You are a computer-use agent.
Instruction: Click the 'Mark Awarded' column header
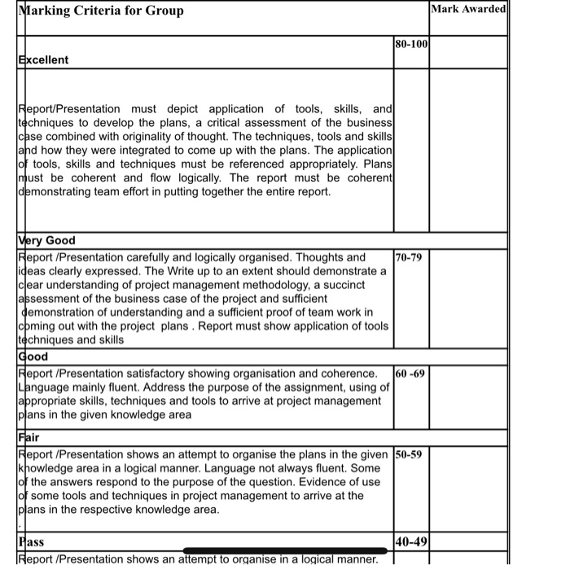point(467,9)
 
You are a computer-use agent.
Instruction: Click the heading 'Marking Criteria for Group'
point(102,11)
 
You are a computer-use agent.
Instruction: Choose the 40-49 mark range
point(411,541)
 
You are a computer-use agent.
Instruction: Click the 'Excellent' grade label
point(43,59)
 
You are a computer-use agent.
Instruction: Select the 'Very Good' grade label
point(46,240)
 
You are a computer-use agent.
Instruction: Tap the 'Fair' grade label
point(29,437)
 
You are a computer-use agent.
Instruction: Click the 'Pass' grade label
point(31,541)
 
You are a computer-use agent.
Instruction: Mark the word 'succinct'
point(361,284)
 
